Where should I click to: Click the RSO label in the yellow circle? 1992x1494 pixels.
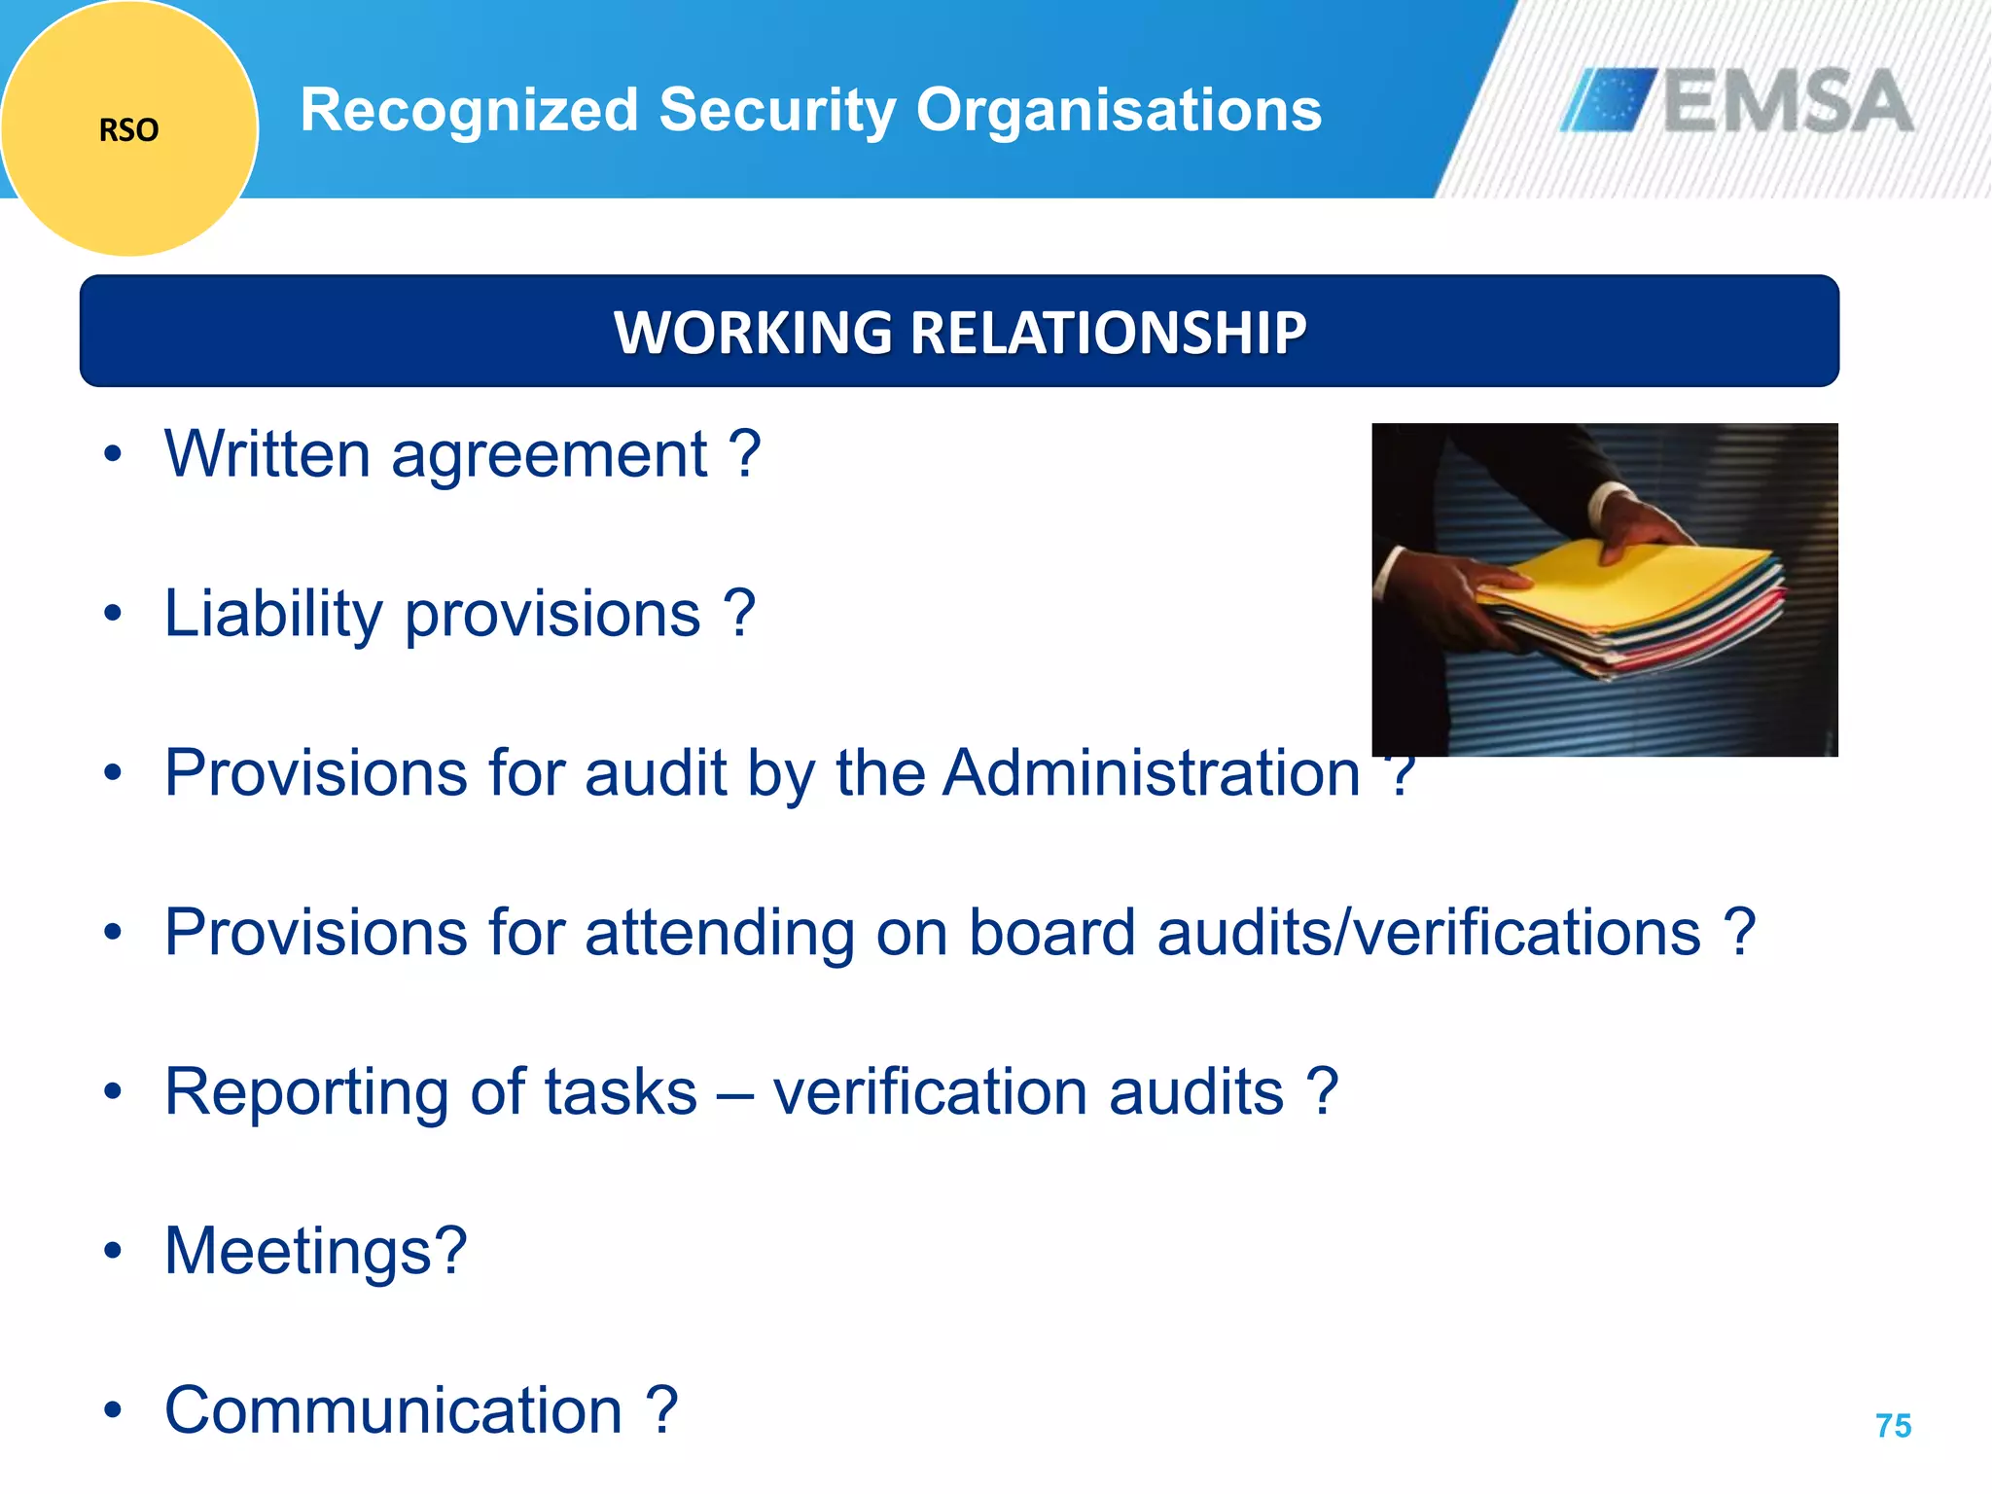point(128,129)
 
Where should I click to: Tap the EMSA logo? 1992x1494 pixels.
point(1737,100)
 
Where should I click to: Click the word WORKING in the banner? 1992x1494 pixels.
point(752,333)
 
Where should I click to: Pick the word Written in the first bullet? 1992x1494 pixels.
point(267,454)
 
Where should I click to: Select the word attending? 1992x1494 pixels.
point(720,933)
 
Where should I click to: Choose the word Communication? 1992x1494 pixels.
point(393,1410)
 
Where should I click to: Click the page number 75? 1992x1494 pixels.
point(1893,1426)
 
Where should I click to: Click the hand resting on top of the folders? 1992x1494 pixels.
point(1644,520)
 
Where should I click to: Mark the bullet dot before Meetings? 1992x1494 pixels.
point(114,1251)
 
